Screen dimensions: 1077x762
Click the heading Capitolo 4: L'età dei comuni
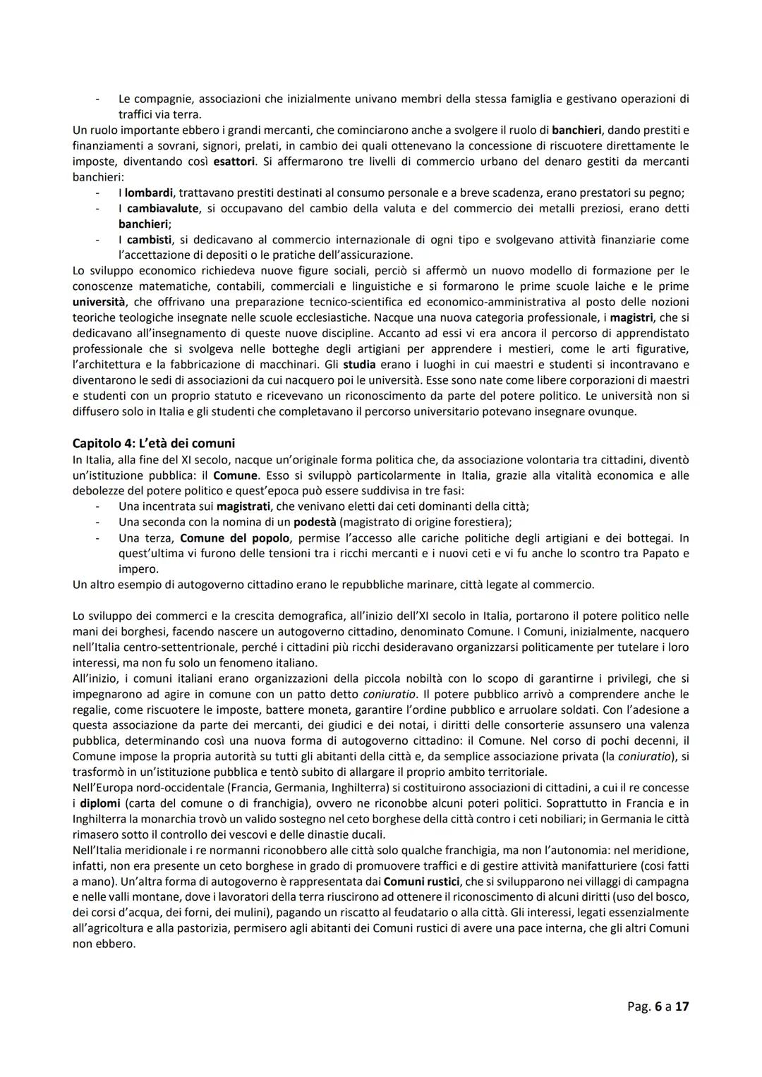(x=153, y=443)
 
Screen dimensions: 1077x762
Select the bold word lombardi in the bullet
(x=149, y=193)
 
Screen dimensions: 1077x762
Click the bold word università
(x=99, y=301)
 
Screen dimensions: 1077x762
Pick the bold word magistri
(x=631, y=317)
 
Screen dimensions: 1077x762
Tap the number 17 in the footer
(x=681, y=1006)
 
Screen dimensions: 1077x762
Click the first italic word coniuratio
(x=394, y=694)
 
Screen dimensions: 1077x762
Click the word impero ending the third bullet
(x=137, y=568)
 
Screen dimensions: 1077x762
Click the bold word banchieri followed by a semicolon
(x=143, y=224)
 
